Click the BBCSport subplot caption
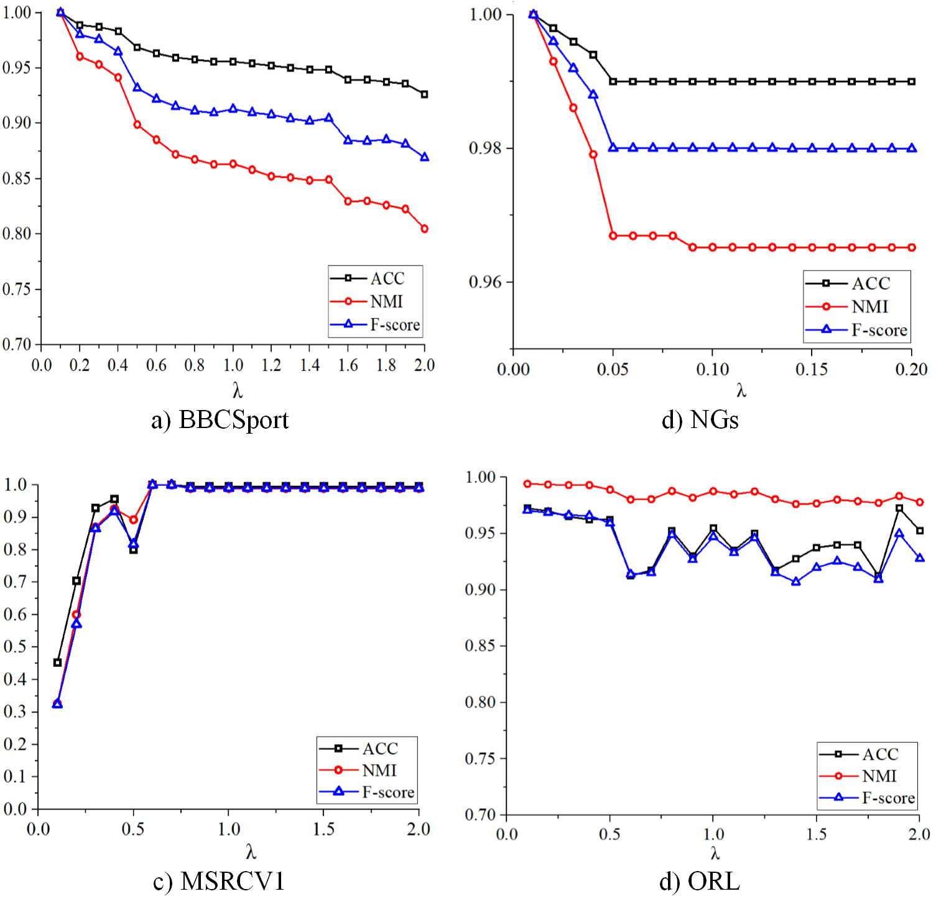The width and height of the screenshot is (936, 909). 220,420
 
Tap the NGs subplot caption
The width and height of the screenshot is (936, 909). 700,420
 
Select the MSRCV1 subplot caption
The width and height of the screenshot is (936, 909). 219,881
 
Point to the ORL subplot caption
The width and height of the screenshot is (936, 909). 700,881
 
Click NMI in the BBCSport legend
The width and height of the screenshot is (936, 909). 386,302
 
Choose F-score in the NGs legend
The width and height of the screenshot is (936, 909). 879,330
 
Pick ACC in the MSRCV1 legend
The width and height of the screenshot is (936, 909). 379,748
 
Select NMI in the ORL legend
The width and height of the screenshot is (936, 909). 879,776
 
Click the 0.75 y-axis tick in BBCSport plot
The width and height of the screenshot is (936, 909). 17,289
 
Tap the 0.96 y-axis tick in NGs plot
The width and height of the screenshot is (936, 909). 484,282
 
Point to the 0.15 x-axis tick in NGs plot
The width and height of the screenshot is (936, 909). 812,370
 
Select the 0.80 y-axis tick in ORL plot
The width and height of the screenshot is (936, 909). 480,702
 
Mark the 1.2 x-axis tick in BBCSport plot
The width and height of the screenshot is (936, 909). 271,365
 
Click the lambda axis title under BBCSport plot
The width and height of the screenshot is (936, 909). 237,391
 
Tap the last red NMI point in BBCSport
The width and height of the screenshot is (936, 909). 424,229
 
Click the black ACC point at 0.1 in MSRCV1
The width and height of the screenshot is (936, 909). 57,663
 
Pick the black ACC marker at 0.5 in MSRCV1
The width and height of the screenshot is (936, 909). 133,549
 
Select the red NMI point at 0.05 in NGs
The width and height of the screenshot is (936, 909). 613,236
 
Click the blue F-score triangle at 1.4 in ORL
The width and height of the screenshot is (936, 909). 795,581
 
